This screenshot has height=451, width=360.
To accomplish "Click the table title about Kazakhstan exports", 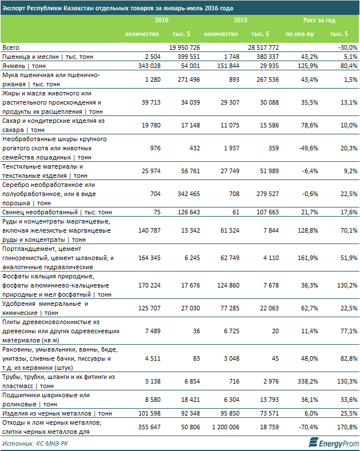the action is [117, 8].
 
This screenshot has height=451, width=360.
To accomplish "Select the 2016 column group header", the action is [162, 20].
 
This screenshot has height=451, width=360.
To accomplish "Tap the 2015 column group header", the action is [241, 20].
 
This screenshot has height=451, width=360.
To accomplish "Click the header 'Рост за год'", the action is [319, 20].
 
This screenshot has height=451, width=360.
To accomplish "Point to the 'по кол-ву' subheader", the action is [299, 34].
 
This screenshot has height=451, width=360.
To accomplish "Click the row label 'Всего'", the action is [11, 47].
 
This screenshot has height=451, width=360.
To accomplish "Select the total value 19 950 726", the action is [185, 47].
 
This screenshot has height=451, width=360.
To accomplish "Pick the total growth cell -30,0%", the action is [348, 47].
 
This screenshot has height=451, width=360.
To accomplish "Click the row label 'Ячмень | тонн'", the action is [24, 66].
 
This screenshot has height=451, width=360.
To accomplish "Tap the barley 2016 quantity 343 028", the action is [149, 66].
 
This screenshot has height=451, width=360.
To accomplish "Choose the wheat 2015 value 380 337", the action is [267, 57].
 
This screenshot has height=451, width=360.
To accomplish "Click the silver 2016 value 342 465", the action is [189, 194].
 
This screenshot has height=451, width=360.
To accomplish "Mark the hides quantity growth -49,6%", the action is [310, 148].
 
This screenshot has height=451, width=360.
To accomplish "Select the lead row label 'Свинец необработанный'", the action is [40, 212].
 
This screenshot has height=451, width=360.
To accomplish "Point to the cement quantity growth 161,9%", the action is [308, 258].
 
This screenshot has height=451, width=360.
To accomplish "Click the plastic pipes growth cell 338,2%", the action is [308, 381].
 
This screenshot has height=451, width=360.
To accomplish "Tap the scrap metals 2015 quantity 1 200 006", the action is [226, 427].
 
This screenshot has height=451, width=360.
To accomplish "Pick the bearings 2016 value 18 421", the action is [190, 400].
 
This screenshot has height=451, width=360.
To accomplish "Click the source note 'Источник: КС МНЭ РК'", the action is [35, 444].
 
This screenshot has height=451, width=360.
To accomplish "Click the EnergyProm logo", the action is [334, 442].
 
